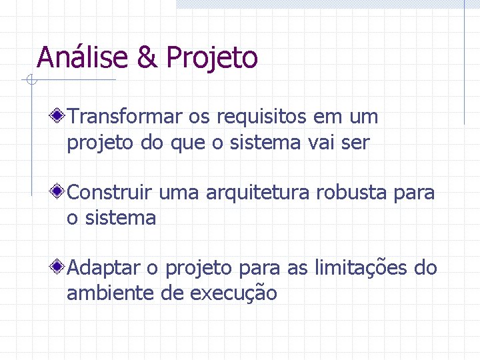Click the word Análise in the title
tap(83, 57)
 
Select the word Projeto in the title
tap(212, 58)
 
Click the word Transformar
tap(125, 117)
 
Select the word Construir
tap(112, 193)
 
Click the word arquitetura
tap(258, 194)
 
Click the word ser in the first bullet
tap(357, 143)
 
